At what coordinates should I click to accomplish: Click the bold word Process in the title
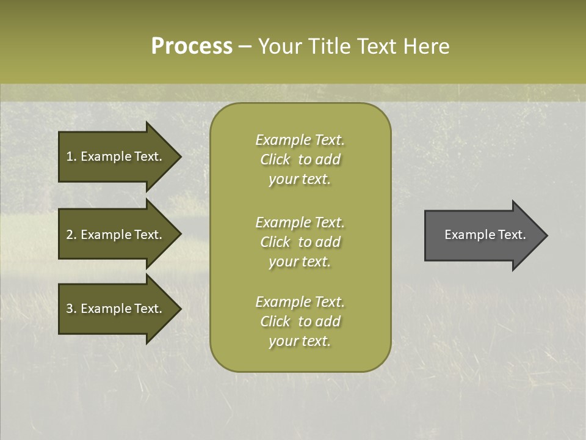[x=192, y=46]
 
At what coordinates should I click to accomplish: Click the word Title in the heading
[x=328, y=46]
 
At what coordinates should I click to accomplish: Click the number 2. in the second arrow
[x=71, y=235]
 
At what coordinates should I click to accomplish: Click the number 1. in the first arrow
[x=71, y=156]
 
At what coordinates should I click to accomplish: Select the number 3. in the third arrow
[x=71, y=309]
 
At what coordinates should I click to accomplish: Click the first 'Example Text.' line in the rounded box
[x=300, y=140]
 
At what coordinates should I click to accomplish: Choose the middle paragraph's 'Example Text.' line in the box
[x=300, y=222]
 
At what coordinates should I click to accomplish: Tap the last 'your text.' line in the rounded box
[x=300, y=341]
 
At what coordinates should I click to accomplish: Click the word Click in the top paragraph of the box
[x=275, y=159]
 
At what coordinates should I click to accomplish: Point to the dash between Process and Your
[x=245, y=46]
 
